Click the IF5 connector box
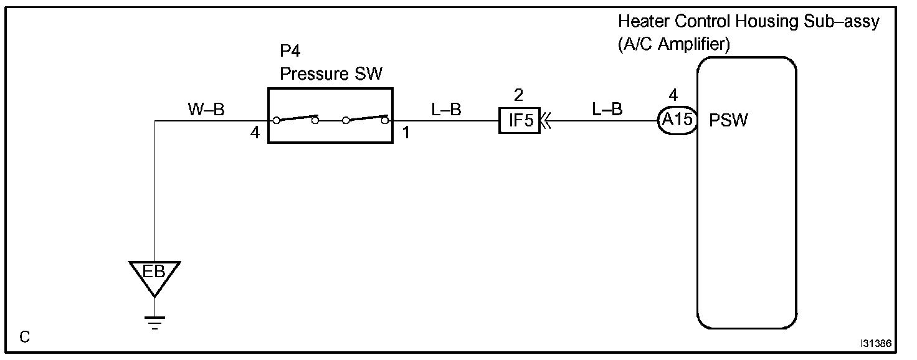tap(519, 120)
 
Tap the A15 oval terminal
tap(676, 120)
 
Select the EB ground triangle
tap(154, 275)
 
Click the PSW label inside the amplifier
tap(728, 120)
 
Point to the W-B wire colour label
tap(206, 110)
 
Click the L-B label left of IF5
tap(446, 110)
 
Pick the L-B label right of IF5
tap(607, 110)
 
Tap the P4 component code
tap(290, 51)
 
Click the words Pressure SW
tap(331, 74)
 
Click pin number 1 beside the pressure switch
tap(406, 133)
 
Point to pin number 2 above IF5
tap(518, 96)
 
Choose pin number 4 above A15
tap(673, 96)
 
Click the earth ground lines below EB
tap(154, 323)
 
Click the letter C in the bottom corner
tap(24, 338)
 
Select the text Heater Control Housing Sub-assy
tap(748, 22)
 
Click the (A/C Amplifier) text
tap(674, 45)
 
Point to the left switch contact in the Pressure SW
tap(295, 118)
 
